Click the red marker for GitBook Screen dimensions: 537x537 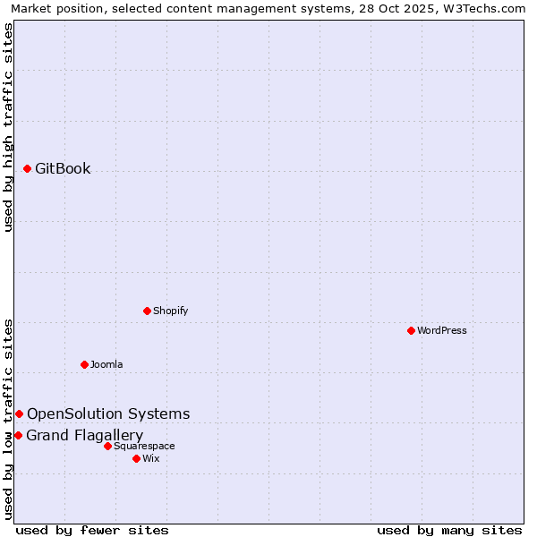(x=27, y=168)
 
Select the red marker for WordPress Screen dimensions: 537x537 (x=411, y=330)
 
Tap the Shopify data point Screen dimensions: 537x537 (x=147, y=311)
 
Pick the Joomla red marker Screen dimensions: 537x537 (x=84, y=364)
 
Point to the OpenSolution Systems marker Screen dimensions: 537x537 (x=19, y=413)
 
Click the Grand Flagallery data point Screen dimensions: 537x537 (x=18, y=435)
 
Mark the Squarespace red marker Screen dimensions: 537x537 (x=107, y=446)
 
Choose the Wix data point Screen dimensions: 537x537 (x=136, y=458)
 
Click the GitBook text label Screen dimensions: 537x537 (x=63, y=168)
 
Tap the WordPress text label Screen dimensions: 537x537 (x=442, y=330)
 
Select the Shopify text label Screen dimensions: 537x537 (x=170, y=311)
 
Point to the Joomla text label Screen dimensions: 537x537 (x=107, y=364)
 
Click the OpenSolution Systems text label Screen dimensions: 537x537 (x=108, y=413)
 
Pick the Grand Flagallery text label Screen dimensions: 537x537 (x=85, y=435)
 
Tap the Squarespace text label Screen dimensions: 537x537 (x=144, y=446)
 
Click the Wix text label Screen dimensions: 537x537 (x=151, y=458)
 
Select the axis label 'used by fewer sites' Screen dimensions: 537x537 (x=92, y=530)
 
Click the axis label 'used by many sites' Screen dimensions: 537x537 (x=449, y=530)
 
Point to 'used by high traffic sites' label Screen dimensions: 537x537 (x=8, y=127)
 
